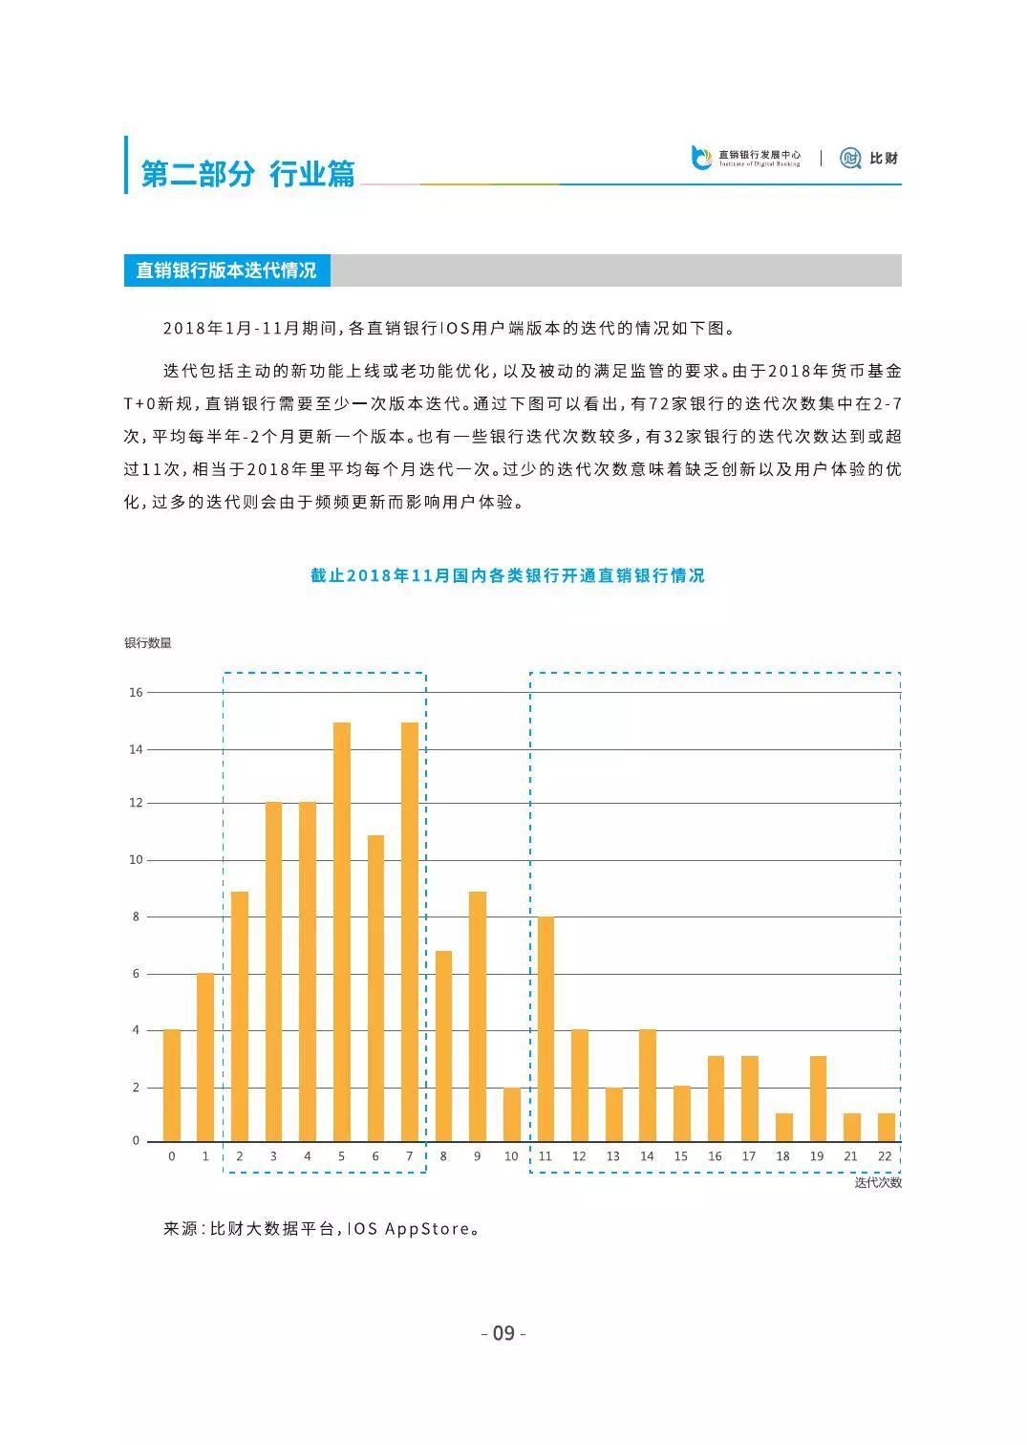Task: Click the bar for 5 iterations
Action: click(342, 932)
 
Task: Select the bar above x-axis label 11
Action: click(546, 1029)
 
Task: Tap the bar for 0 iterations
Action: click(172, 1086)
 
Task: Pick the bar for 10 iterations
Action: click(512, 1114)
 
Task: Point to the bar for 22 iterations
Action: click(887, 1128)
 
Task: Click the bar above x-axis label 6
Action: click(375, 988)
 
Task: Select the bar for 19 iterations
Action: click(818, 1099)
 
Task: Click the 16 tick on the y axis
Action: click(136, 692)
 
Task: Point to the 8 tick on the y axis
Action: click(136, 917)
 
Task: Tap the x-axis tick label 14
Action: click(647, 1156)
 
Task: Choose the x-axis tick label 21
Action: click(851, 1156)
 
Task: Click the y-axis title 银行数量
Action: click(148, 643)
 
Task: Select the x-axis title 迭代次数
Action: click(878, 1182)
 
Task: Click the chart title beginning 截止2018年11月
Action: click(507, 575)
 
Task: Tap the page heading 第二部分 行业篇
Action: click(248, 174)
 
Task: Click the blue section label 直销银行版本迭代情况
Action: click(226, 270)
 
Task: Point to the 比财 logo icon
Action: click(850, 158)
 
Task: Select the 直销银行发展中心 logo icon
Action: click(701, 158)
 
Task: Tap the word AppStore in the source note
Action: click(427, 1229)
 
